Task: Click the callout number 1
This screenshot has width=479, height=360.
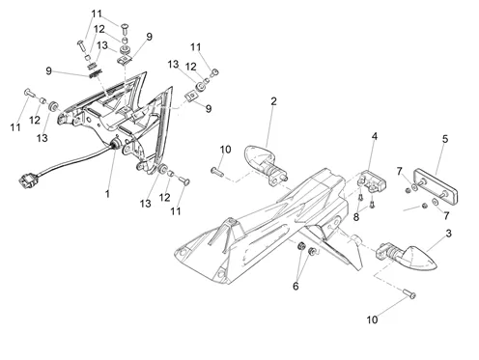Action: [107, 194]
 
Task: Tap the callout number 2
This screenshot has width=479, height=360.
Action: [273, 101]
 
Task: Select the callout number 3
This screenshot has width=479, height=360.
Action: [448, 234]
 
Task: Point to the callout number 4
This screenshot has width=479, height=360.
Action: [375, 136]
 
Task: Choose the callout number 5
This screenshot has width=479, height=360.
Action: [445, 139]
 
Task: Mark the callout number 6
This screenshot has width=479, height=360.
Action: [296, 286]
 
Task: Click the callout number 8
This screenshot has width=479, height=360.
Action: [356, 217]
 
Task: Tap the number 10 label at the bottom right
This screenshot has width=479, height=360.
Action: [372, 319]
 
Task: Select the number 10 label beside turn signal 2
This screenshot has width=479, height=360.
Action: [225, 150]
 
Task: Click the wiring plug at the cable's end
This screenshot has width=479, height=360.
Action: [25, 180]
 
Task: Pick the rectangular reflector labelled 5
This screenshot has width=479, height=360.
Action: [436, 186]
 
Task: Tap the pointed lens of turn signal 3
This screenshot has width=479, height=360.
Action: [419, 258]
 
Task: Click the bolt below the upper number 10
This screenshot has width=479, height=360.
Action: [217, 171]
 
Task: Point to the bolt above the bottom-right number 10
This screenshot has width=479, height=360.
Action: [409, 293]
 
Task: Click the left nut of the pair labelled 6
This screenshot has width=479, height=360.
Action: [301, 246]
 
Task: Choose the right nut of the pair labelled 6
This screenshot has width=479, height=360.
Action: [312, 251]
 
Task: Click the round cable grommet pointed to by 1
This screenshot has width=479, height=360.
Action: [116, 144]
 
